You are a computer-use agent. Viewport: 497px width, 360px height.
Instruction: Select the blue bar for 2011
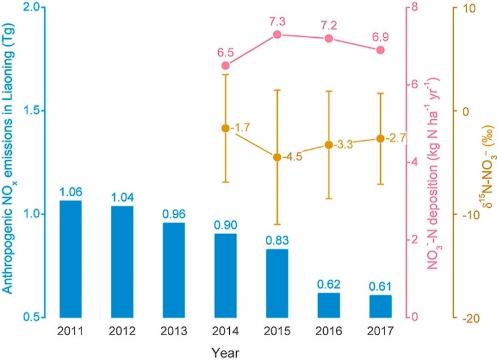tap(70, 258)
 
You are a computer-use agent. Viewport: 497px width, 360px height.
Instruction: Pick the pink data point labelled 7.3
tap(278, 35)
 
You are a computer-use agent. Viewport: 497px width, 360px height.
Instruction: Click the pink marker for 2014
tap(226, 66)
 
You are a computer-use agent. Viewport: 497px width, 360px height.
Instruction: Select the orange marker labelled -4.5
tap(278, 157)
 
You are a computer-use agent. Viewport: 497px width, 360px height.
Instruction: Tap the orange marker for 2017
tap(381, 138)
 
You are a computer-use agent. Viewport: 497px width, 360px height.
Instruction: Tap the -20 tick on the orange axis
tap(467, 317)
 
